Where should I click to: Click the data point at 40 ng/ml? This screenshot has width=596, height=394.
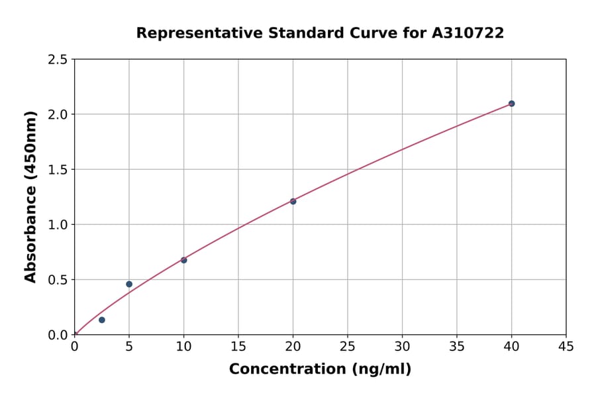[x=511, y=103]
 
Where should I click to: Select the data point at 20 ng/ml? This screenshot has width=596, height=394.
[x=293, y=201]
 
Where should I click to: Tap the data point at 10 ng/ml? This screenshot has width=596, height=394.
[x=183, y=260]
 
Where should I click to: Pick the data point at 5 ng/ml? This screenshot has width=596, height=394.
[x=129, y=284]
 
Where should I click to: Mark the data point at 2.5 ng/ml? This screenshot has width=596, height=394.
[x=102, y=320]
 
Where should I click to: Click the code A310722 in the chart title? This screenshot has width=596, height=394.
[x=469, y=33]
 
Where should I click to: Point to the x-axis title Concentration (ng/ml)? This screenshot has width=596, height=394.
[x=320, y=369]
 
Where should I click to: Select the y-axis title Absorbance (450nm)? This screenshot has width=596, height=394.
[x=30, y=197]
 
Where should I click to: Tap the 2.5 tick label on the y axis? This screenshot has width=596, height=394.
[x=58, y=60]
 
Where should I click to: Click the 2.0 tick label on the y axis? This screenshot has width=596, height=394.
[x=58, y=115]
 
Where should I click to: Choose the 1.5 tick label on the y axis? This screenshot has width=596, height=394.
[x=58, y=170]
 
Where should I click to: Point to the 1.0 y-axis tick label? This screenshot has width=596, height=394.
[x=58, y=225]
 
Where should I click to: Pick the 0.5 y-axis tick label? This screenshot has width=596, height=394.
[x=58, y=280]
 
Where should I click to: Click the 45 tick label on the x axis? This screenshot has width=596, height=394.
[x=566, y=346]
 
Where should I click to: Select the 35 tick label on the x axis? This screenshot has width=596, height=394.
[x=457, y=346]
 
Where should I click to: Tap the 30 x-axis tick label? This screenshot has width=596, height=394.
[x=402, y=346]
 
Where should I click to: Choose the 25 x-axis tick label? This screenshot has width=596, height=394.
[x=348, y=346]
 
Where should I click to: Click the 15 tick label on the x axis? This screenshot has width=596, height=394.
[x=238, y=346]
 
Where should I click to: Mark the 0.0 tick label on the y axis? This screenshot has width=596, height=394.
[x=58, y=335]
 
